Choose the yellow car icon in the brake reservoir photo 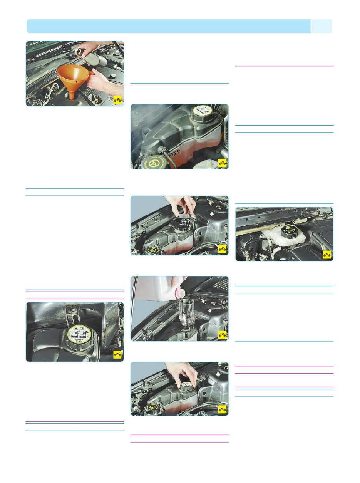tap(327, 255)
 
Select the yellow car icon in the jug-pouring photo tap(222, 335)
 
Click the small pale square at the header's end tap(321, 27)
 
